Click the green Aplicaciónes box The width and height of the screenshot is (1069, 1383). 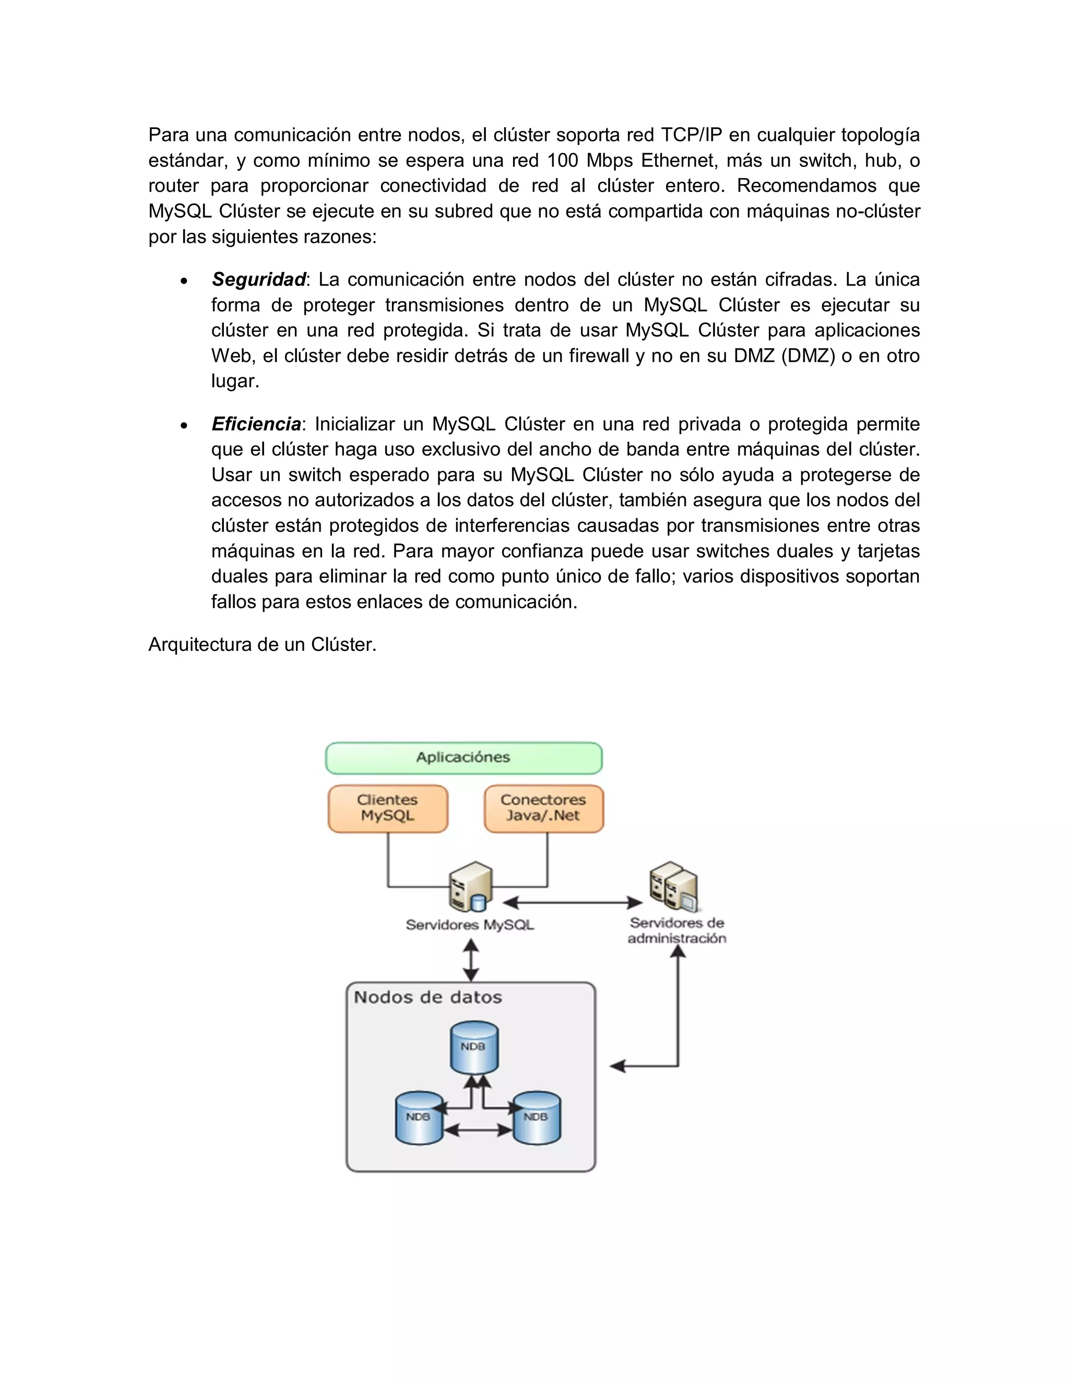[463, 758]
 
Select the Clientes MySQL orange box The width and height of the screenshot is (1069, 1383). [388, 808]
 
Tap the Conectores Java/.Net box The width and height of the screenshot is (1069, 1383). [543, 808]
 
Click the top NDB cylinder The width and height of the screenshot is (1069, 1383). [474, 1047]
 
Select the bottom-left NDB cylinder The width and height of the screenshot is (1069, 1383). [419, 1118]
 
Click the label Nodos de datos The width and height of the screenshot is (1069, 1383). [427, 997]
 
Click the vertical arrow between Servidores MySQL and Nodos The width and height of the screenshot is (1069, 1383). [470, 960]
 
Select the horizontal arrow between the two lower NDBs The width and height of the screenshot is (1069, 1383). [478, 1130]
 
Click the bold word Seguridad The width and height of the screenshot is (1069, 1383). [258, 279]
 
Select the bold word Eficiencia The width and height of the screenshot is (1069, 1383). [256, 424]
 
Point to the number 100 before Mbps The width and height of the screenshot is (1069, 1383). [562, 160]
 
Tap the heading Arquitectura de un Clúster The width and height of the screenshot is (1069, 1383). [262, 645]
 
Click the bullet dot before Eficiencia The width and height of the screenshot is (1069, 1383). [184, 425]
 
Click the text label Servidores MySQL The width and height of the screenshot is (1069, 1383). [470, 925]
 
